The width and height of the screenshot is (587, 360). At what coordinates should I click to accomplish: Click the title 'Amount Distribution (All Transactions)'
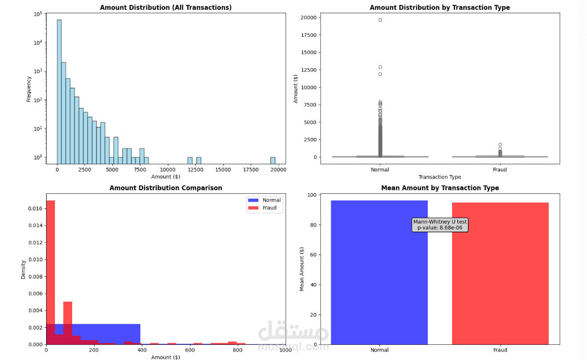point(166,7)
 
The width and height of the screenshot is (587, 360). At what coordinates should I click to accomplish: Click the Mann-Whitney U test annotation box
point(440,225)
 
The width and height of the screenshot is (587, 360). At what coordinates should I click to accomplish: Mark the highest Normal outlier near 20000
point(380,20)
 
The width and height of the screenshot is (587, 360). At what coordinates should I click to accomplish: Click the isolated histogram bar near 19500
point(273,160)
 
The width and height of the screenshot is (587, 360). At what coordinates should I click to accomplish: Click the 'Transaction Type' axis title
point(440,177)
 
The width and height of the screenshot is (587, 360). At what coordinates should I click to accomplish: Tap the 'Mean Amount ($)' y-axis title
point(302,269)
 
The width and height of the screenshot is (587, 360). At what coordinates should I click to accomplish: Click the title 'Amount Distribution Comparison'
point(166,188)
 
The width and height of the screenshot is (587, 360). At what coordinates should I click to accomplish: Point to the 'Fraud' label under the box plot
point(500,170)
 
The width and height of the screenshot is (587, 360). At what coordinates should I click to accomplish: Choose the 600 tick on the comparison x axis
point(190,350)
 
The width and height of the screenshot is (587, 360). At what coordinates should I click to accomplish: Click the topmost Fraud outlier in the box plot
point(500,145)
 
